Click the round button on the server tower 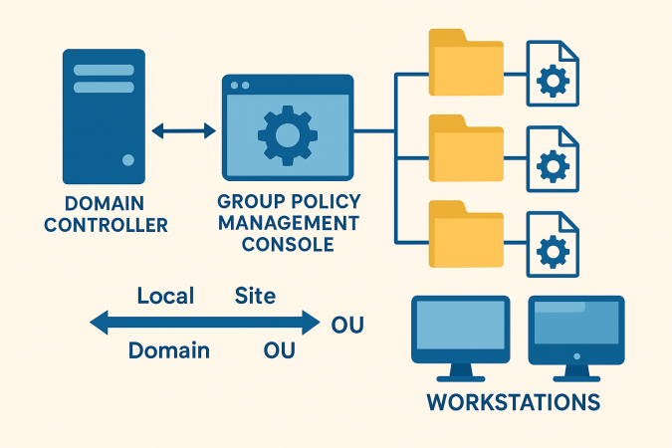click(x=126, y=159)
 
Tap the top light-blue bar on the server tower click(x=103, y=69)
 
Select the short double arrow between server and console click(x=183, y=129)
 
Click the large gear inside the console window click(x=287, y=136)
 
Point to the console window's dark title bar click(x=287, y=85)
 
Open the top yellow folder click(x=464, y=63)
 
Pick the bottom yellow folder click(x=464, y=235)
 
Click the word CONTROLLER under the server click(x=106, y=225)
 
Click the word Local click(x=165, y=296)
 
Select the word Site click(x=255, y=296)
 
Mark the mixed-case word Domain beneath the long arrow click(x=169, y=350)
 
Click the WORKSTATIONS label click(x=513, y=403)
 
